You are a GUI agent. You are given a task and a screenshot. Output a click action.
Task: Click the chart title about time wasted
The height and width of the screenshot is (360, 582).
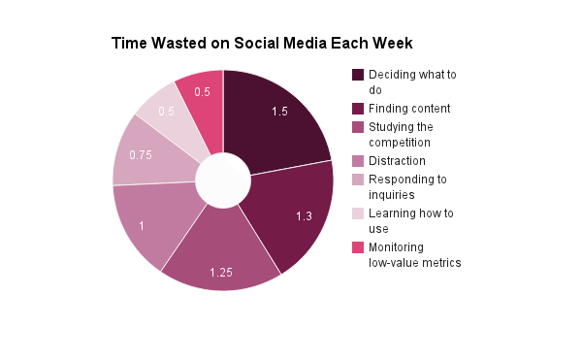coord(262,44)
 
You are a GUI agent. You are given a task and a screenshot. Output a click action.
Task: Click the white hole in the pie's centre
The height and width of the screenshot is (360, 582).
coord(223,180)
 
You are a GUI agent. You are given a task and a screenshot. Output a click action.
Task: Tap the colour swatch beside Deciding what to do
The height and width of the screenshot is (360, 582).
coord(358,75)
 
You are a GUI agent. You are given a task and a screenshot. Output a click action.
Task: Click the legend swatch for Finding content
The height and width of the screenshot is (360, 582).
coord(358,108)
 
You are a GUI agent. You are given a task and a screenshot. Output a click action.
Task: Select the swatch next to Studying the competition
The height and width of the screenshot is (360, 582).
coord(358,127)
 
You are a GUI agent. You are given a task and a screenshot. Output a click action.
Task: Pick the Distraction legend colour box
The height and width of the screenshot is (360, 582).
coord(358,160)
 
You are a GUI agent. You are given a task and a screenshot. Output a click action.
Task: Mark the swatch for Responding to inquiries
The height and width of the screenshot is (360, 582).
coord(358,180)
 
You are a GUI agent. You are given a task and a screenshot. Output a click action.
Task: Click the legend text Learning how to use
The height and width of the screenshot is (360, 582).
coord(410,220)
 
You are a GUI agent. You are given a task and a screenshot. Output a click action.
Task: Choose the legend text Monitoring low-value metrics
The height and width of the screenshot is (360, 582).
coord(414,255)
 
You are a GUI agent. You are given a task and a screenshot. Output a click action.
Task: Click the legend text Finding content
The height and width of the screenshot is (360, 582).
coord(409,108)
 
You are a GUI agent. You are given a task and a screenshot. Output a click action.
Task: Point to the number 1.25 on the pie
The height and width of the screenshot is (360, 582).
coord(222,272)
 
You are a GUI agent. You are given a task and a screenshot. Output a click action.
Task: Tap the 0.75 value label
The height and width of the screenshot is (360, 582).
coord(140,154)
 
